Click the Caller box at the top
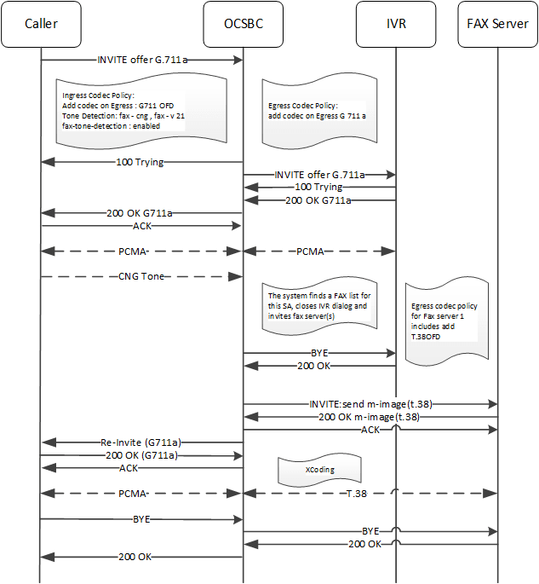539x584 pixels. (x=42, y=24)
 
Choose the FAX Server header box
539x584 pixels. (x=496, y=24)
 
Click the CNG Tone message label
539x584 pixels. (x=143, y=277)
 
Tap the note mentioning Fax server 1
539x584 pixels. (x=447, y=320)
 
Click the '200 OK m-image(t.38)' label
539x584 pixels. (x=369, y=418)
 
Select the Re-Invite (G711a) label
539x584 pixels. (x=143, y=442)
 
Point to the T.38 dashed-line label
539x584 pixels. (x=361, y=493)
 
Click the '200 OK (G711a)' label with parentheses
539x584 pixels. (x=143, y=455)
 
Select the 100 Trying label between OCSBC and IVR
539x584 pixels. (x=319, y=187)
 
